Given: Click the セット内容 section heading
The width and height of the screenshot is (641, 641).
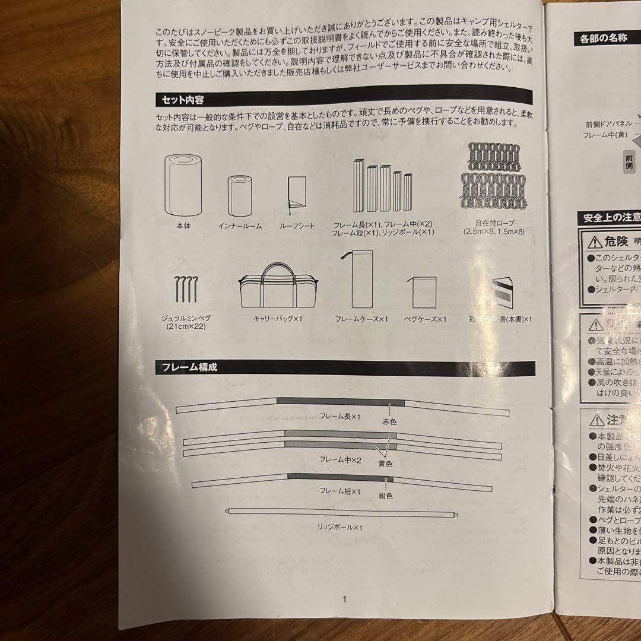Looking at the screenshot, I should [x=184, y=99].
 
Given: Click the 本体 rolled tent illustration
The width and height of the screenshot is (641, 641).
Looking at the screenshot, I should [x=183, y=186].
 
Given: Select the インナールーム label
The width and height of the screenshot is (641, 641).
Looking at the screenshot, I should [x=240, y=226].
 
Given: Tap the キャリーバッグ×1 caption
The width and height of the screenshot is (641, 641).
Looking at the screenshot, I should [x=278, y=319].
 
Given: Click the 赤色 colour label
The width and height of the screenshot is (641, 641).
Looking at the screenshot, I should [x=389, y=421].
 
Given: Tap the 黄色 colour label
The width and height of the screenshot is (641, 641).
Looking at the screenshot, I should [x=385, y=462].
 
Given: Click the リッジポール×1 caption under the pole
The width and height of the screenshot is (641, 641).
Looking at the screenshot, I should [x=340, y=527].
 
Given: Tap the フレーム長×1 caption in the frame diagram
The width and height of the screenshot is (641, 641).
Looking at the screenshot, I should [x=340, y=417].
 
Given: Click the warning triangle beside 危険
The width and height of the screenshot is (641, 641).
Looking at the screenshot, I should [x=595, y=242].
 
